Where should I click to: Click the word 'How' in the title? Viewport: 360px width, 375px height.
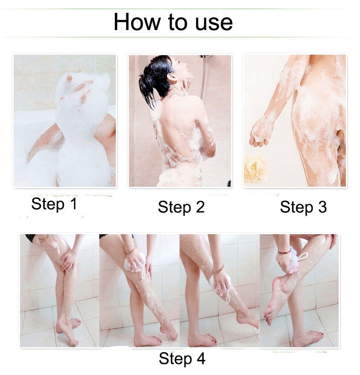(x=137, y=22)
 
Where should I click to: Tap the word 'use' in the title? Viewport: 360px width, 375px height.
(x=214, y=23)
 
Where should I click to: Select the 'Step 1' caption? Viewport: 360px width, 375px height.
(x=54, y=204)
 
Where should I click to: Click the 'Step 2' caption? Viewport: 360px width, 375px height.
(x=181, y=207)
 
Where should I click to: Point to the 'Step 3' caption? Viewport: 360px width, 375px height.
(x=303, y=207)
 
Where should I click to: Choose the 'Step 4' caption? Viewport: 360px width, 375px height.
(x=182, y=359)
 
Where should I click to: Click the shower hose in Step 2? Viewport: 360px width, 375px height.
(x=204, y=77)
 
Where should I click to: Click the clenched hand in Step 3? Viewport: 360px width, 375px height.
(x=260, y=134)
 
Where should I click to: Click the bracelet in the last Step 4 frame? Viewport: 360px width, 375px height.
(x=285, y=252)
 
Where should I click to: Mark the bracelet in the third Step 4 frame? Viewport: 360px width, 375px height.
(x=218, y=270)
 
